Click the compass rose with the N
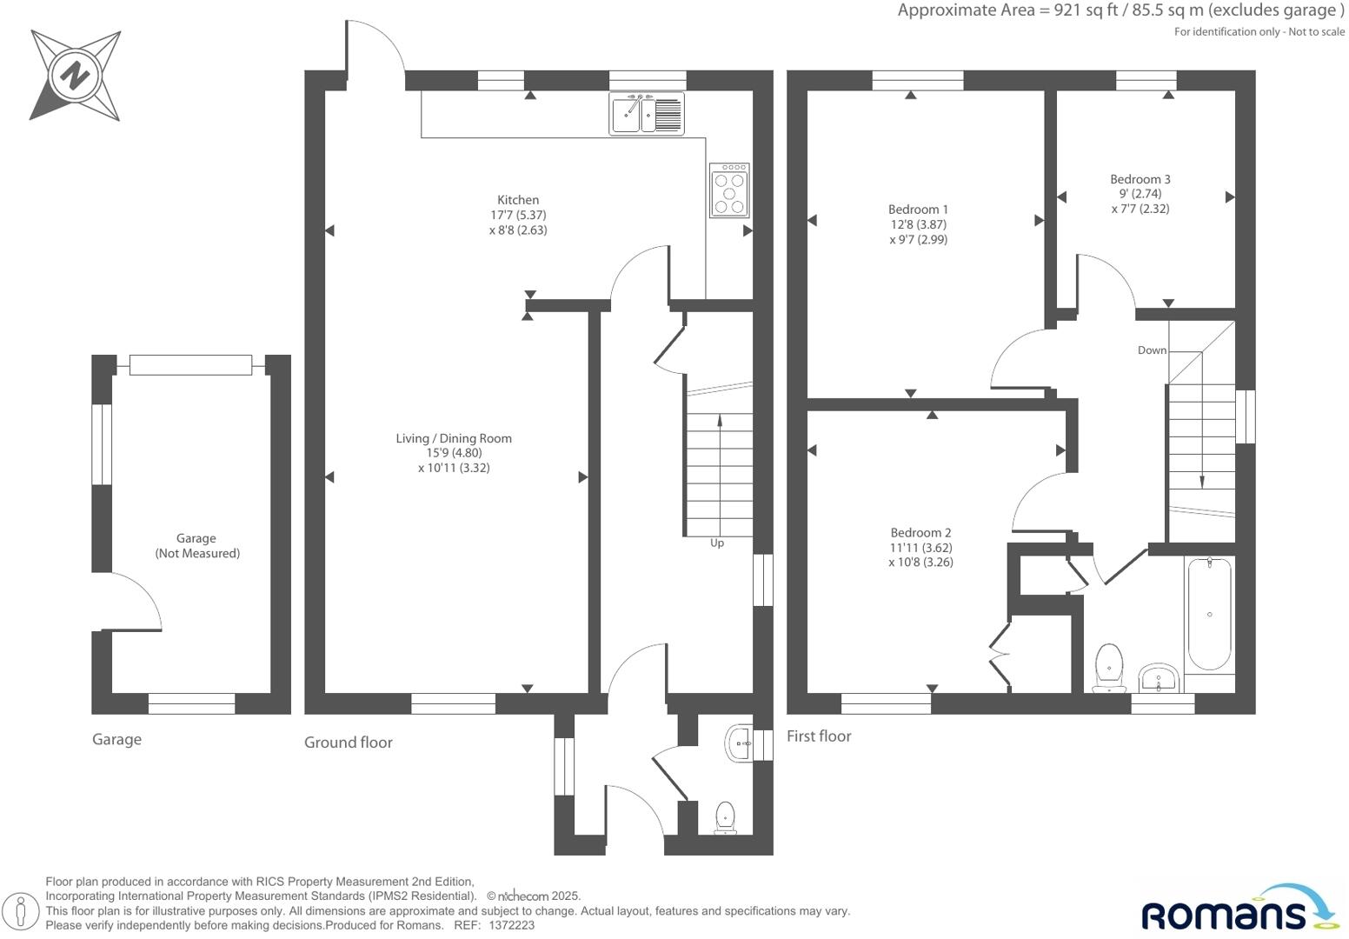pyautogui.click(x=75, y=76)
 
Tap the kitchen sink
pyautogui.click(x=647, y=113)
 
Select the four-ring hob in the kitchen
pyautogui.click(x=729, y=190)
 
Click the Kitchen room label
pyautogui.click(x=518, y=200)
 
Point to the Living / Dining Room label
pyautogui.click(x=454, y=438)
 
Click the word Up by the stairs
pyautogui.click(x=717, y=543)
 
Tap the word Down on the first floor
pyautogui.click(x=1152, y=350)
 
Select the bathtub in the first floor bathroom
pyautogui.click(x=1209, y=614)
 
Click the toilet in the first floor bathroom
pyautogui.click(x=1109, y=668)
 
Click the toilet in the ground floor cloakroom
pyautogui.click(x=725, y=817)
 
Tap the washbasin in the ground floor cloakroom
pyautogui.click(x=740, y=743)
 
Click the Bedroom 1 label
pyautogui.click(x=918, y=210)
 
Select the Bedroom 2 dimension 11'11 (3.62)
pyautogui.click(x=920, y=548)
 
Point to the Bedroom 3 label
pyautogui.click(x=1140, y=179)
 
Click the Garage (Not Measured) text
pyautogui.click(x=197, y=546)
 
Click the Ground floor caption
pyautogui.click(x=348, y=743)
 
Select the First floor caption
pyautogui.click(x=819, y=736)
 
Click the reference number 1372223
pyautogui.click(x=512, y=926)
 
